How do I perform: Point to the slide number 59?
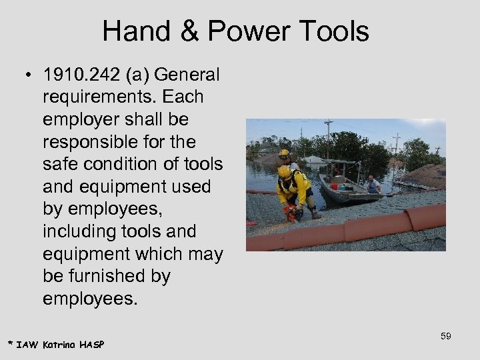(445, 336)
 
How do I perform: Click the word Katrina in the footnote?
(60, 344)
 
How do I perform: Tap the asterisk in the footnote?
(11, 343)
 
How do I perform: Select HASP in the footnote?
(92, 344)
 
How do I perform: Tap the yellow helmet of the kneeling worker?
(285, 171)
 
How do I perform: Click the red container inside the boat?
(335, 187)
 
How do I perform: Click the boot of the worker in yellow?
(314, 213)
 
